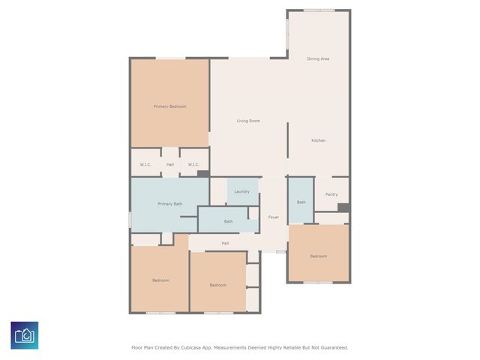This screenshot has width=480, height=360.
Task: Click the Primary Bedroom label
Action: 169,106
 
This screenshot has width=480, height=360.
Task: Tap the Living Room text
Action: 248,121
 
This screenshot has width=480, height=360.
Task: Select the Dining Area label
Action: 318,58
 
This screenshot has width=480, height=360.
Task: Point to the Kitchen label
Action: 318,140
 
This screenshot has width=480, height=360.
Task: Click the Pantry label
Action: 331,194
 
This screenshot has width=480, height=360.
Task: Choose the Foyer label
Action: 274,217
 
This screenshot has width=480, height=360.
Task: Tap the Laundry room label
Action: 241,191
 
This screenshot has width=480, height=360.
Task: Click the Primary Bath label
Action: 169,204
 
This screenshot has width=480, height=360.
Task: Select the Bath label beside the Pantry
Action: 301,202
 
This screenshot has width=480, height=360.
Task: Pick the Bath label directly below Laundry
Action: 228,221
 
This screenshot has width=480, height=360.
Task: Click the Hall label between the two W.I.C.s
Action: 170,164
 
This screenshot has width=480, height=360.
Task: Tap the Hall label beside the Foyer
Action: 225,243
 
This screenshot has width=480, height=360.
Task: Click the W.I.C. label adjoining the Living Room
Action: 193,164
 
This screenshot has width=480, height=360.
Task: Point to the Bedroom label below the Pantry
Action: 319,256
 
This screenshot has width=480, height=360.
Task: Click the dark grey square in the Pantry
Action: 343,208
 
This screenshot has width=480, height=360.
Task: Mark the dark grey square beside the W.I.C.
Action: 202,173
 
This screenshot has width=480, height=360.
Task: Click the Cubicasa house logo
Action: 24,335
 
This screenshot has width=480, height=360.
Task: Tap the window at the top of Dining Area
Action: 319,10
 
